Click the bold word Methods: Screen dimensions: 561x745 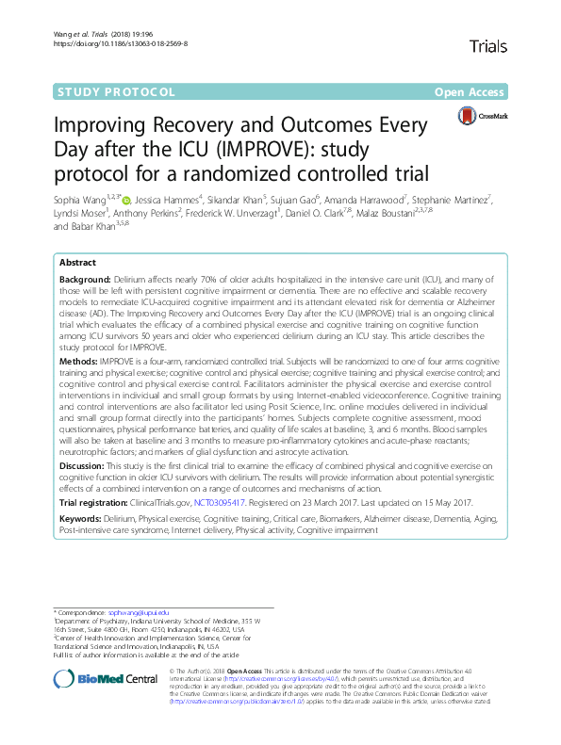[x=77, y=358]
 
